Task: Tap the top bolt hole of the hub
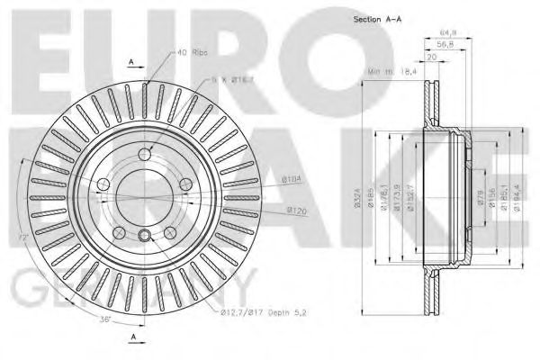(145, 154)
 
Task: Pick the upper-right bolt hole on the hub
(185, 184)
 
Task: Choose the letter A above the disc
(131, 62)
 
